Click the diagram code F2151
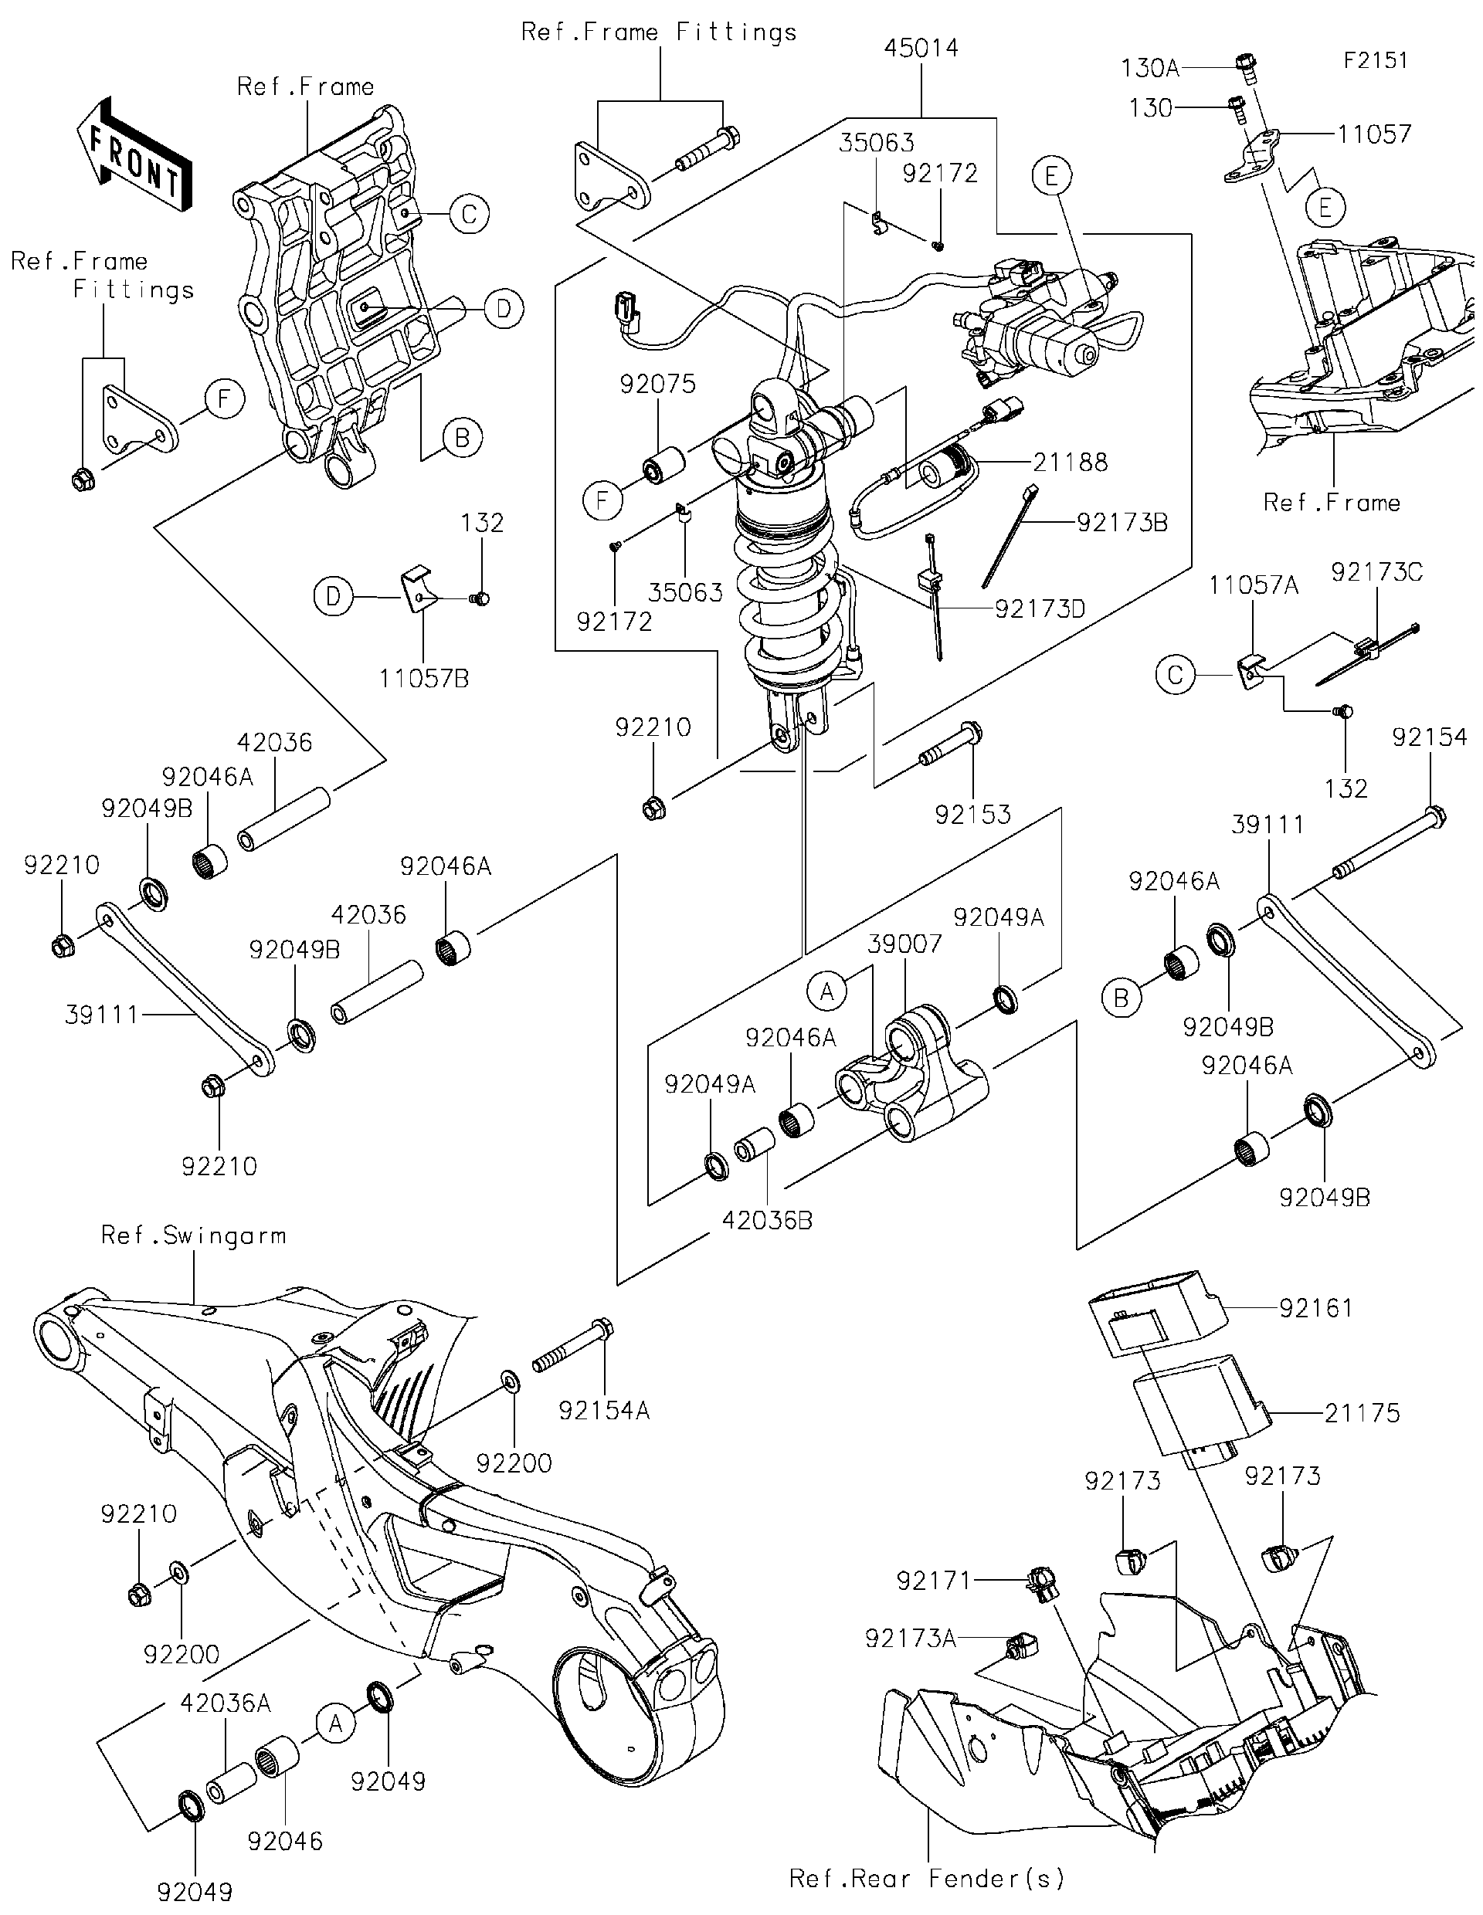[1375, 60]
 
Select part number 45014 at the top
[921, 48]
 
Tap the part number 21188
[1070, 462]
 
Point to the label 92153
[972, 815]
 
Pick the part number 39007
[904, 944]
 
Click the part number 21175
[1361, 1412]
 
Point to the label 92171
[934, 1580]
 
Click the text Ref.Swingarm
[193, 1235]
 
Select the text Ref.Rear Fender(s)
[927, 1878]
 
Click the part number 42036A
[226, 1703]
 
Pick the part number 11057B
[423, 679]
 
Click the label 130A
[1150, 67]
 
